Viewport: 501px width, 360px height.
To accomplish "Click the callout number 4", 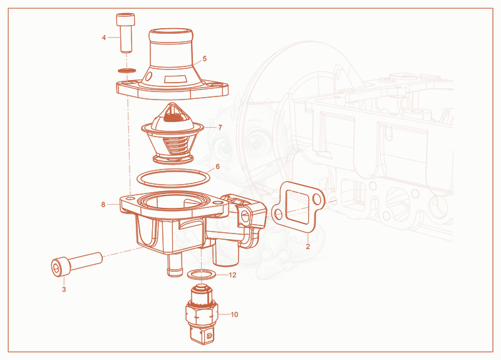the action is pyautogui.click(x=104, y=38).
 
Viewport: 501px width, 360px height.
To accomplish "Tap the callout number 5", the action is pyautogui.click(x=205, y=59).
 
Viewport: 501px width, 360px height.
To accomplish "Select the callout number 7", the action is pyautogui.click(x=220, y=128).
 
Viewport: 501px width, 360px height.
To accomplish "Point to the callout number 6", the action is pyautogui.click(x=217, y=167).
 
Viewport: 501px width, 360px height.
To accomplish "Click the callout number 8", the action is pyautogui.click(x=103, y=205).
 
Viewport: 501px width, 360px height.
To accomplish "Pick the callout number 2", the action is pyautogui.click(x=307, y=246).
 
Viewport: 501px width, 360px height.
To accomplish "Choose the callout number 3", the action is pyautogui.click(x=64, y=289).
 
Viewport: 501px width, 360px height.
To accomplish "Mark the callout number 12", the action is pyautogui.click(x=232, y=275).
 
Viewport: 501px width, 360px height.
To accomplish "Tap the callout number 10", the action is pyautogui.click(x=234, y=315).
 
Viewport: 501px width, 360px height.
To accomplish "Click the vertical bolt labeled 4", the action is pyautogui.click(x=125, y=33).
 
